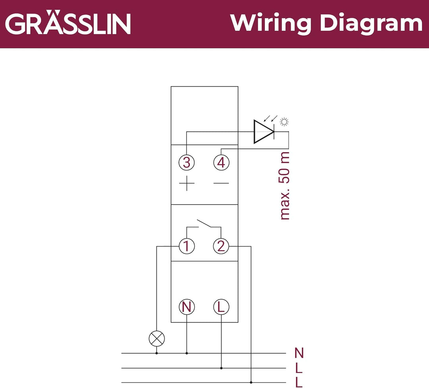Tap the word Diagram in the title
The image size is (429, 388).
[x=371, y=24]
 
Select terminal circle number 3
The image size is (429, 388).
[x=187, y=162]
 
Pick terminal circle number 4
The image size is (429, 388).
[x=221, y=162]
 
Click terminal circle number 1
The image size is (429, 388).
[x=187, y=246]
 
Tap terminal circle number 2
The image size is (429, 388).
[x=221, y=246]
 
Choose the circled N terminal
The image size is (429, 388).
[x=187, y=307]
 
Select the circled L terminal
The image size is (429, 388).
[x=221, y=307]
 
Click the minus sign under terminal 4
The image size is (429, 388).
[x=221, y=183]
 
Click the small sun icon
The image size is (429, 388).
[x=284, y=122]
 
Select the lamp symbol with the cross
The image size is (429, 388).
[x=157, y=339]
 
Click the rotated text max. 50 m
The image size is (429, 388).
[x=285, y=185]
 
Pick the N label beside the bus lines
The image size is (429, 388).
[x=299, y=353]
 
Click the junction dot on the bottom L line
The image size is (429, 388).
[x=251, y=382]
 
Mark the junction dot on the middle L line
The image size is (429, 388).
[x=221, y=368]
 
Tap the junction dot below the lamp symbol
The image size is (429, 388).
[x=157, y=353]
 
